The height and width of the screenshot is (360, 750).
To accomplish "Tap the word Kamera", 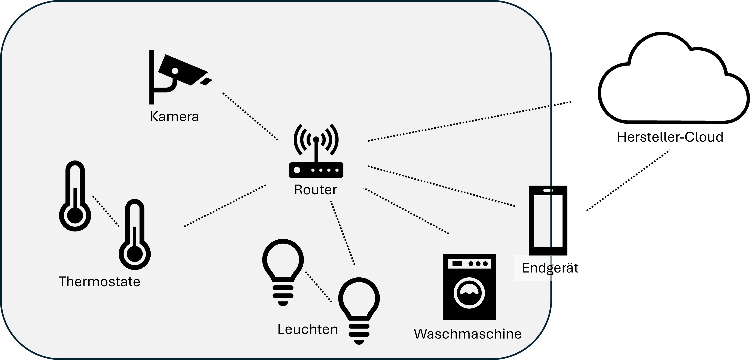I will tap(174, 116).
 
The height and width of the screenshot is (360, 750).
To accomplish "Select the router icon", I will tap(316, 153).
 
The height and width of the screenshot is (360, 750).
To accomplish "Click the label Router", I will tap(315, 190).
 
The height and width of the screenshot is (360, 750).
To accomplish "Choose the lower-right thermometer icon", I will tap(135, 235).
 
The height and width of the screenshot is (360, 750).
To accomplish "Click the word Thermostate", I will tap(99, 282).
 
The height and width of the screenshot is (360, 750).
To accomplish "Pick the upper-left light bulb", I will tap(283, 271).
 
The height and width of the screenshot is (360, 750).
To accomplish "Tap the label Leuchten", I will tap(308, 329).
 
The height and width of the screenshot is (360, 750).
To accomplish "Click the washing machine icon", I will tap(469, 287).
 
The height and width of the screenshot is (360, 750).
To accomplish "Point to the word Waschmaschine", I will tap(468, 334).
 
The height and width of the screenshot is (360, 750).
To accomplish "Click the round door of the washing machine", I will tap(469, 293).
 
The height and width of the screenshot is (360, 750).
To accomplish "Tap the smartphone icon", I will tap(540, 220).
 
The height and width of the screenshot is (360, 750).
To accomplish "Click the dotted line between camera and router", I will tap(250, 116).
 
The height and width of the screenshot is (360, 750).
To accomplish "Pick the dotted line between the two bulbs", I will tap(318, 287).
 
